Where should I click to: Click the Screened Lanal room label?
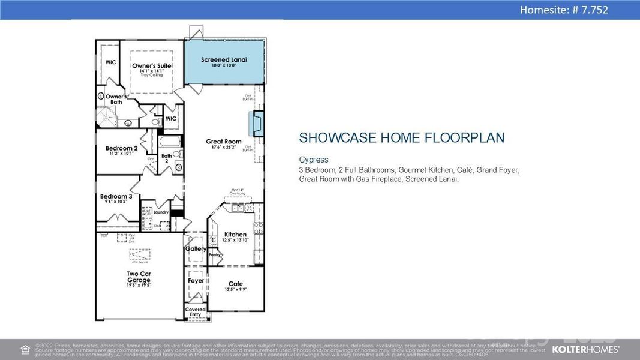pyautogui.click(x=224, y=60)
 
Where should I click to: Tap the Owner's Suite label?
pyautogui.click(x=152, y=66)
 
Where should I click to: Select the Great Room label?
pyautogui.click(x=224, y=142)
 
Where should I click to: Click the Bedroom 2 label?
pyautogui.click(x=122, y=148)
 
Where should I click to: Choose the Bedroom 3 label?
pyautogui.click(x=116, y=196)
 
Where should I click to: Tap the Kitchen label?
pyautogui.click(x=235, y=235)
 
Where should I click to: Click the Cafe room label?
pyautogui.click(x=235, y=284)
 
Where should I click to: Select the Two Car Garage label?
pyautogui.click(x=139, y=277)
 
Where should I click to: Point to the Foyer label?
pyautogui.click(x=196, y=281)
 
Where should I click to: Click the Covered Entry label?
pyautogui.click(x=196, y=312)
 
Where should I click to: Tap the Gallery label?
pyautogui.click(x=196, y=248)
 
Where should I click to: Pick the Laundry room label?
pyautogui.click(x=161, y=212)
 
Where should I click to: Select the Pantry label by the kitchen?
pyautogui.click(x=214, y=255)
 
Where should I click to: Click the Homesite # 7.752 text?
pyautogui.click(x=564, y=10)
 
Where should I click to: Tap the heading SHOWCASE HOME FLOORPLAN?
pyautogui.click(x=401, y=138)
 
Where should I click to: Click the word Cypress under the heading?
pyautogui.click(x=314, y=160)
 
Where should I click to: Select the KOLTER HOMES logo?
pyautogui.click(x=585, y=349)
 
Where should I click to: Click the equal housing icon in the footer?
pyautogui.click(x=25, y=349)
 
